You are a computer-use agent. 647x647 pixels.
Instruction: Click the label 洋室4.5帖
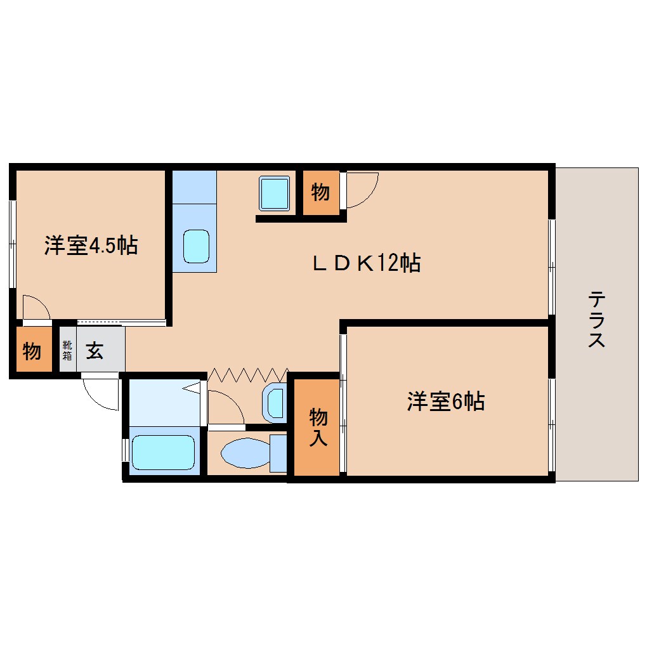pos(91,245)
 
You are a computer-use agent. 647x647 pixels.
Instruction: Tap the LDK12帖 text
pos(366,262)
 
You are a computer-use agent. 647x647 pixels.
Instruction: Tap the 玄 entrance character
pos(95,350)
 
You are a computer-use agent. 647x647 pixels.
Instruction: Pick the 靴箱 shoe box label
pos(67,350)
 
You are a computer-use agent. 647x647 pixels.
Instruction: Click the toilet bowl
pos(245,454)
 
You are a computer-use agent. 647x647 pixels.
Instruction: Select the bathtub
pos(162,452)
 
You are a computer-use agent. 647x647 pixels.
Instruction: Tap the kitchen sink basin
pos(196,246)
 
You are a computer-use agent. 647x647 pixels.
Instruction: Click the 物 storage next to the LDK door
pos(320,192)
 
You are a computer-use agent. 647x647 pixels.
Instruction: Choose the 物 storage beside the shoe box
pos(32,350)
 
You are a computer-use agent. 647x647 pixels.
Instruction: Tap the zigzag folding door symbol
pos(248,374)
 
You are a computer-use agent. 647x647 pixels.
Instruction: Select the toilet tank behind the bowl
pos(278,453)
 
